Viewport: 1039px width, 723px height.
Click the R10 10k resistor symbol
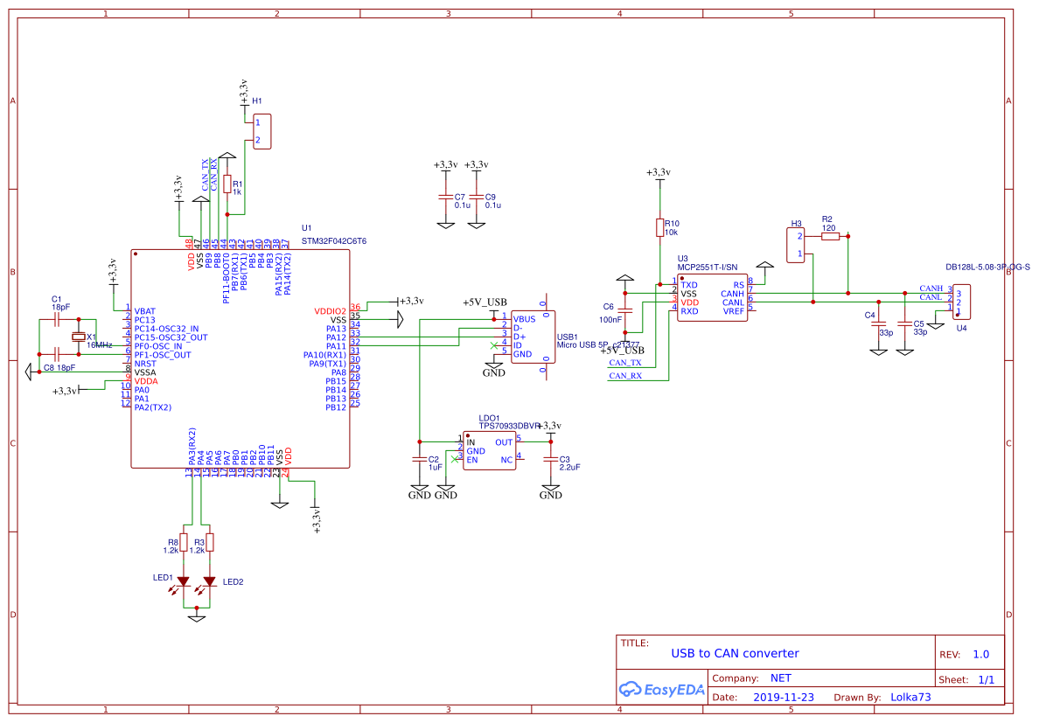pyautogui.click(x=659, y=227)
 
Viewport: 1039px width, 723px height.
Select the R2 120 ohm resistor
pyautogui.click(x=829, y=236)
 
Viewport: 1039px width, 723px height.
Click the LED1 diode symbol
pyautogui.click(x=184, y=581)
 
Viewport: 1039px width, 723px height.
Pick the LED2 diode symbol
pyautogui.click(x=210, y=581)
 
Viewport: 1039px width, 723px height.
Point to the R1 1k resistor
pyautogui.click(x=227, y=184)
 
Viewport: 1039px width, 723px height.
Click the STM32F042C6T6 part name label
pyautogui.click(x=333, y=240)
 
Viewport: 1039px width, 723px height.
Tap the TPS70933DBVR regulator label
pyautogui.click(x=509, y=426)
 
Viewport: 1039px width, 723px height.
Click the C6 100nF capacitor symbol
pyautogui.click(x=625, y=308)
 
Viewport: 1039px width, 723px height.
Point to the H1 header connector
pyautogui.click(x=262, y=131)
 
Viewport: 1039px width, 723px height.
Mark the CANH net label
pyautogui.click(x=931, y=289)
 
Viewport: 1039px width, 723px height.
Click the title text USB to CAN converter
pyautogui.click(x=735, y=653)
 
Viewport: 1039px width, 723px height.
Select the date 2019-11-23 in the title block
pyautogui.click(x=783, y=698)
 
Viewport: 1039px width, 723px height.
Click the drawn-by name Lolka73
pyautogui.click(x=910, y=698)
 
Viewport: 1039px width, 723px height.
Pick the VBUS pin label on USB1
pyautogui.click(x=524, y=319)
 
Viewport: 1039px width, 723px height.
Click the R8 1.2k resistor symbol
pyautogui.click(x=184, y=542)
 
